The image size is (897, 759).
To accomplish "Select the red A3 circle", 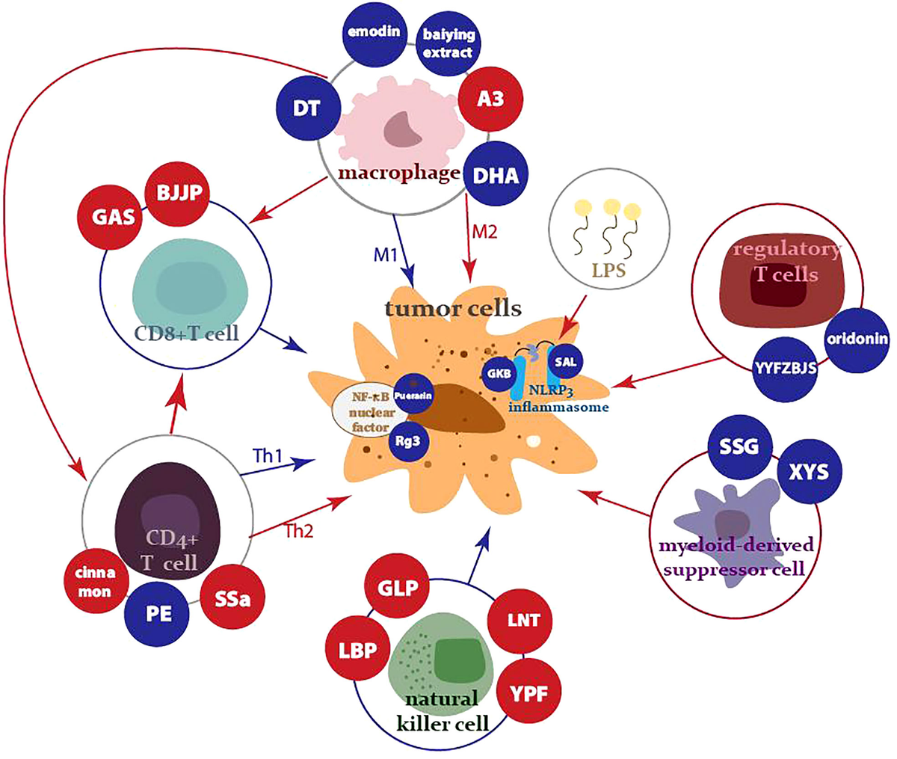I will pyautogui.click(x=490, y=98).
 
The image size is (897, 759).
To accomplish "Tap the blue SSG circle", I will pyautogui.click(x=738, y=446).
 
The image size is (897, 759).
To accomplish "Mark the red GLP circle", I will pyautogui.click(x=397, y=587).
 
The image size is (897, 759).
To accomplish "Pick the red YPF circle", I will pyautogui.click(x=528, y=692).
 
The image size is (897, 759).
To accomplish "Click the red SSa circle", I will pyautogui.click(x=232, y=599).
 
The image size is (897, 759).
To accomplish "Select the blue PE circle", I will pyautogui.click(x=158, y=613).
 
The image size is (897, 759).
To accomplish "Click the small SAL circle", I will pyautogui.click(x=566, y=362).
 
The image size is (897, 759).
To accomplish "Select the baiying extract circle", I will pyautogui.click(x=448, y=43).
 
